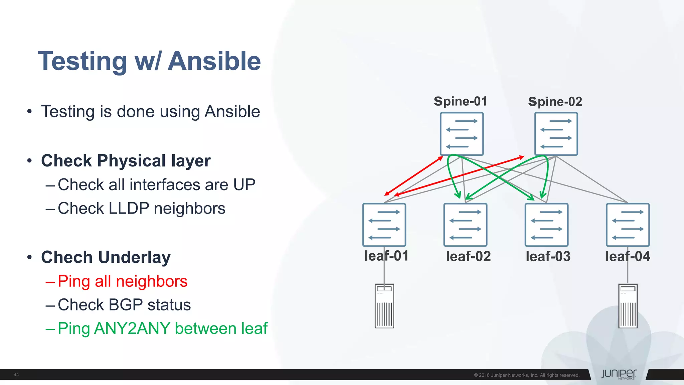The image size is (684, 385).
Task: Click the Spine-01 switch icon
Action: click(462, 134)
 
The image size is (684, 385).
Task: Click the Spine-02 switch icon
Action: click(556, 134)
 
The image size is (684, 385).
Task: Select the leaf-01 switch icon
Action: click(384, 225)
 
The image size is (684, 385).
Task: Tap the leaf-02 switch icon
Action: click(465, 225)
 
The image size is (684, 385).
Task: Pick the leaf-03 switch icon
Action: click(546, 225)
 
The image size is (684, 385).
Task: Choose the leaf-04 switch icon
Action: click(628, 225)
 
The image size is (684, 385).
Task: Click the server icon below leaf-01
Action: click(384, 306)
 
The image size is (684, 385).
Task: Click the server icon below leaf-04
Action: click(628, 306)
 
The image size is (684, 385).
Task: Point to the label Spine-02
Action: click(555, 102)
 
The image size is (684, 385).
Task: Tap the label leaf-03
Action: click(548, 256)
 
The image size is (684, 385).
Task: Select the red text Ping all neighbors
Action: click(122, 281)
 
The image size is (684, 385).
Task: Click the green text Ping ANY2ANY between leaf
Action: click(162, 328)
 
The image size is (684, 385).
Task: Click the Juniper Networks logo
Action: click(619, 374)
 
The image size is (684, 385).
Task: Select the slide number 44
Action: click(16, 375)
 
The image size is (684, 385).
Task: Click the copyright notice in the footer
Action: click(526, 375)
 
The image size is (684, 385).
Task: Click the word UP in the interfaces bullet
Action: click(244, 185)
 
